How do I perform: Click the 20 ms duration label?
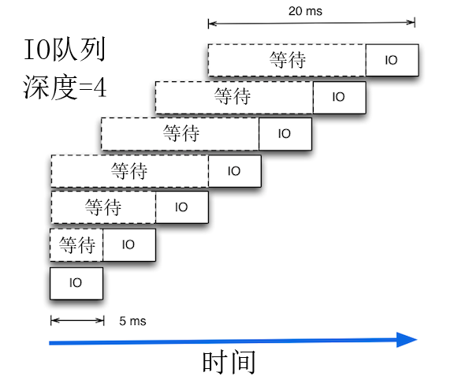pyautogui.click(x=305, y=12)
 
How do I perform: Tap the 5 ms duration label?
pyautogui.click(x=132, y=322)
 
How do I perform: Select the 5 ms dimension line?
pyautogui.click(x=76, y=320)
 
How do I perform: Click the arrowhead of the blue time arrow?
pyautogui.click(x=407, y=340)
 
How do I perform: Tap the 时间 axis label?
pyautogui.click(x=229, y=363)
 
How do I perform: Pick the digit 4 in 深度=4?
pyautogui.click(x=99, y=86)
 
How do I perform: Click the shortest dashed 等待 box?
pyautogui.click(x=76, y=244)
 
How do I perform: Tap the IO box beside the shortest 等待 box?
pyautogui.click(x=129, y=244)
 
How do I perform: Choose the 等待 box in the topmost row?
pyautogui.click(x=287, y=60)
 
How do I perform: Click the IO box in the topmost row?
pyautogui.click(x=392, y=60)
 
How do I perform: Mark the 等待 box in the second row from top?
pyautogui.click(x=234, y=97)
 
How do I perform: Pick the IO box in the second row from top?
pyautogui.click(x=339, y=97)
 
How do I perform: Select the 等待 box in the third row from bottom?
pyautogui.click(x=102, y=207)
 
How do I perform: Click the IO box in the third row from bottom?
pyautogui.click(x=181, y=207)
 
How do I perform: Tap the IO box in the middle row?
pyautogui.click(x=234, y=170)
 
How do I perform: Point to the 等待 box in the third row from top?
pyautogui.click(x=181, y=133)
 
